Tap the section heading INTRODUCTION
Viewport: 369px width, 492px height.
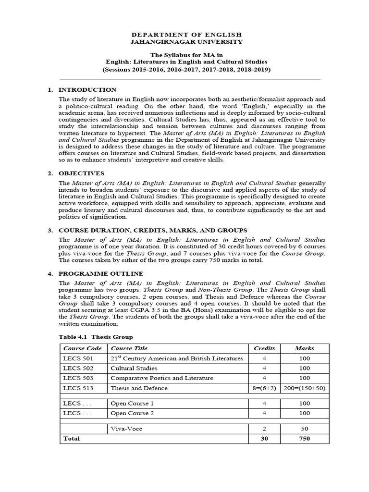point(87,90)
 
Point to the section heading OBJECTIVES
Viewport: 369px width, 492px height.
point(81,173)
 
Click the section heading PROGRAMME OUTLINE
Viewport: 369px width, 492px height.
point(100,273)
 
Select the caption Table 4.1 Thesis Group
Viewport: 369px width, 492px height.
point(96,337)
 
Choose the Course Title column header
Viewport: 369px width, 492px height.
point(129,348)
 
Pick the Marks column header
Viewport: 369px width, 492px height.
point(304,348)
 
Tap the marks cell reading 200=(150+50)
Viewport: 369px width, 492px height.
point(304,388)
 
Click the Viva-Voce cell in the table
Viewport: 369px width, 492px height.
point(126,429)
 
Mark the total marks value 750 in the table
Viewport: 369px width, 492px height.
point(304,439)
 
